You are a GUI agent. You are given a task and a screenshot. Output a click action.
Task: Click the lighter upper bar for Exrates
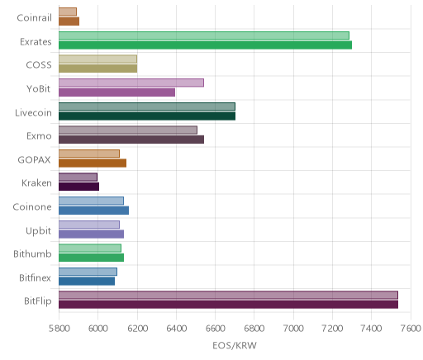click(x=204, y=36)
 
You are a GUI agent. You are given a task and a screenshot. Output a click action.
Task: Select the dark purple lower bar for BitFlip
click(x=228, y=305)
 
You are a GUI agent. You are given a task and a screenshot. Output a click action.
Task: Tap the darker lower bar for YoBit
click(x=116, y=92)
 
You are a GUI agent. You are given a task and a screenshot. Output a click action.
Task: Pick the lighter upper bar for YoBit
click(x=131, y=83)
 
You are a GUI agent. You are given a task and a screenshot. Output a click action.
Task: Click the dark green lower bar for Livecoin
click(x=147, y=116)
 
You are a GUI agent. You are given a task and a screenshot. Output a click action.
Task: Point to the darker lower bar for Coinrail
click(x=69, y=21)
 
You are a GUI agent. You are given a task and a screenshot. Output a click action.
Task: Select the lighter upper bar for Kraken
click(x=78, y=177)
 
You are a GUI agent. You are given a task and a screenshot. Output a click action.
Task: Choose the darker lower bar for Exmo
click(x=131, y=140)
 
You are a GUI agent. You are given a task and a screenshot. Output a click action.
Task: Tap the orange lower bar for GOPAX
click(x=93, y=163)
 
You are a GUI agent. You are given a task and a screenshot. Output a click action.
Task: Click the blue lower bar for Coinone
click(x=93, y=211)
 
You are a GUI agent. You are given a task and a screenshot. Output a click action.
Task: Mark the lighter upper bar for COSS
click(x=97, y=59)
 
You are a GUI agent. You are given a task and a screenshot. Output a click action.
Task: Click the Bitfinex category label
click(x=35, y=278)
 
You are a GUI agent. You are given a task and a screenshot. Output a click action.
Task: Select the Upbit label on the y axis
click(x=38, y=231)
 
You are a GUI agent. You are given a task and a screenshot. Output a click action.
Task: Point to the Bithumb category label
click(x=32, y=253)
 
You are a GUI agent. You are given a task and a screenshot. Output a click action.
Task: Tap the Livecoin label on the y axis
click(x=33, y=113)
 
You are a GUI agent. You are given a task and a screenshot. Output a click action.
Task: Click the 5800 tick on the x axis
click(x=59, y=329)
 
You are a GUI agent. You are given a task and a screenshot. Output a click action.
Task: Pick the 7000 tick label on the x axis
click(x=293, y=329)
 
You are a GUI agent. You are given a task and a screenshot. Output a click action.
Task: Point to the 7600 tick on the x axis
click(x=411, y=329)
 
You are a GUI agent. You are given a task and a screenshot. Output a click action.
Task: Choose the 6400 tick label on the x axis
click(x=176, y=329)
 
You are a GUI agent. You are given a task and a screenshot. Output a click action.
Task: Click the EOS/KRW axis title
click(x=235, y=345)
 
